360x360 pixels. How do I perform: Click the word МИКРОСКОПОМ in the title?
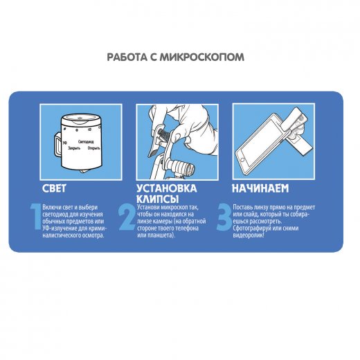pyautogui.click(x=202, y=57)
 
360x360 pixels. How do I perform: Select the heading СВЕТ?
pyautogui.click(x=54, y=188)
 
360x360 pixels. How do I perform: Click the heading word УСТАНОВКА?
pyautogui.click(x=167, y=188)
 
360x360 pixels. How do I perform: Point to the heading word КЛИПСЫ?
pyautogui.click(x=158, y=199)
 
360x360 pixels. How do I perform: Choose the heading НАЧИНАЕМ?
pyautogui.click(x=260, y=188)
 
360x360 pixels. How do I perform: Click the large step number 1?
pyautogui.click(x=36, y=217)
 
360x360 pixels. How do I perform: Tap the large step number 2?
pyautogui.click(x=127, y=217)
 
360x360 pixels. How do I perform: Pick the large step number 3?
pyautogui.click(x=224, y=217)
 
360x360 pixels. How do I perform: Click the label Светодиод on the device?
pyautogui.click(x=86, y=142)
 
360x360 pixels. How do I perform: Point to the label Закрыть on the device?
pyautogui.click(x=74, y=148)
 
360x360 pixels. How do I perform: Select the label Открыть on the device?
pyautogui.click(x=93, y=148)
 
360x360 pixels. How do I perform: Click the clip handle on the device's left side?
pyautogui.click(x=57, y=145)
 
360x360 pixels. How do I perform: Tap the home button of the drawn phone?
pyautogui.click(x=242, y=160)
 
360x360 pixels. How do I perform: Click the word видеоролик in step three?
pyautogui.click(x=248, y=235)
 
